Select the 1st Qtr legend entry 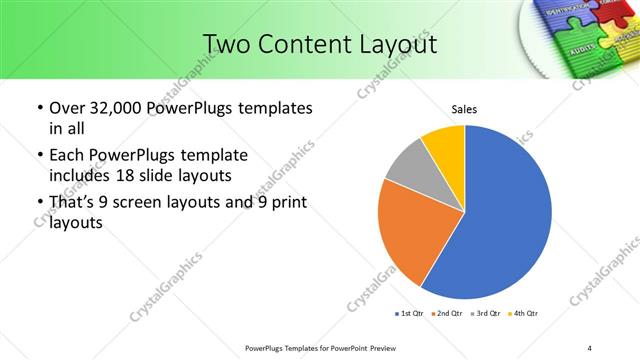click(x=412, y=315)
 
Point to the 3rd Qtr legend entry click(x=487, y=315)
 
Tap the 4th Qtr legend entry click(x=524, y=315)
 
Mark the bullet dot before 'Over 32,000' click(x=39, y=108)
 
